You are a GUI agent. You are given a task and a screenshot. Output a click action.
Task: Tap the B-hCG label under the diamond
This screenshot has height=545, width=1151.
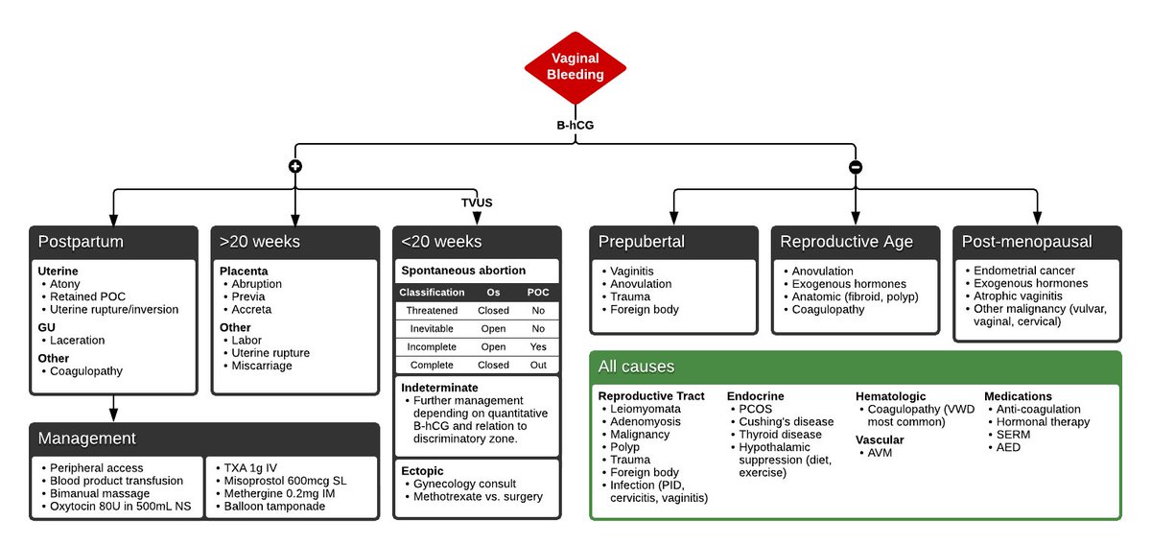pos(575,126)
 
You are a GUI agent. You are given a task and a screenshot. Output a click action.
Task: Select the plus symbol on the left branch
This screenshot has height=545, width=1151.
pos(294,166)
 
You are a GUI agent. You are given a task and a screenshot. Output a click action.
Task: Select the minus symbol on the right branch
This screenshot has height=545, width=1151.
pos(856,166)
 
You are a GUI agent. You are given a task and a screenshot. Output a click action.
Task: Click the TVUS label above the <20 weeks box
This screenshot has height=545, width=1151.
pos(477,202)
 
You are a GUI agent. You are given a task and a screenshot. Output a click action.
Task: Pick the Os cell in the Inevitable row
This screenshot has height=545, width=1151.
pos(493,329)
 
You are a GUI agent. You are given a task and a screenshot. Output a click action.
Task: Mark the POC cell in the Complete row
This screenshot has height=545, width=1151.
pos(538,365)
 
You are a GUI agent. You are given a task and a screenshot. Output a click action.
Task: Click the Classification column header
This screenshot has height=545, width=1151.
pos(432,293)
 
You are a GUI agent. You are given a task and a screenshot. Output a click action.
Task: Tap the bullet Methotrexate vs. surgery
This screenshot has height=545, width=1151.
pos(478,496)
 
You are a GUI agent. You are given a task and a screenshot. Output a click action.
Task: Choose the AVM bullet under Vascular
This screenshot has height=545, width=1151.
pos(880,452)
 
